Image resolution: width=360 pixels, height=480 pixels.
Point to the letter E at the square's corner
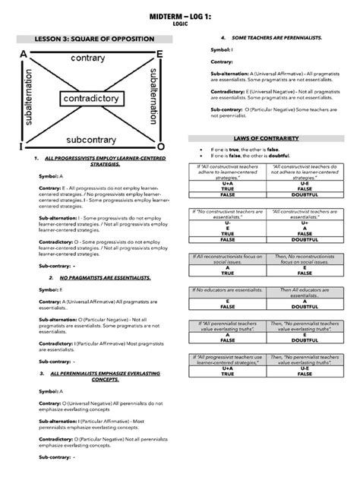[158, 54]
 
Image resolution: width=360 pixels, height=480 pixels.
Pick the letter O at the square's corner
[160, 145]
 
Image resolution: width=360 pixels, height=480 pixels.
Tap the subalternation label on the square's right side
[154, 99]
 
